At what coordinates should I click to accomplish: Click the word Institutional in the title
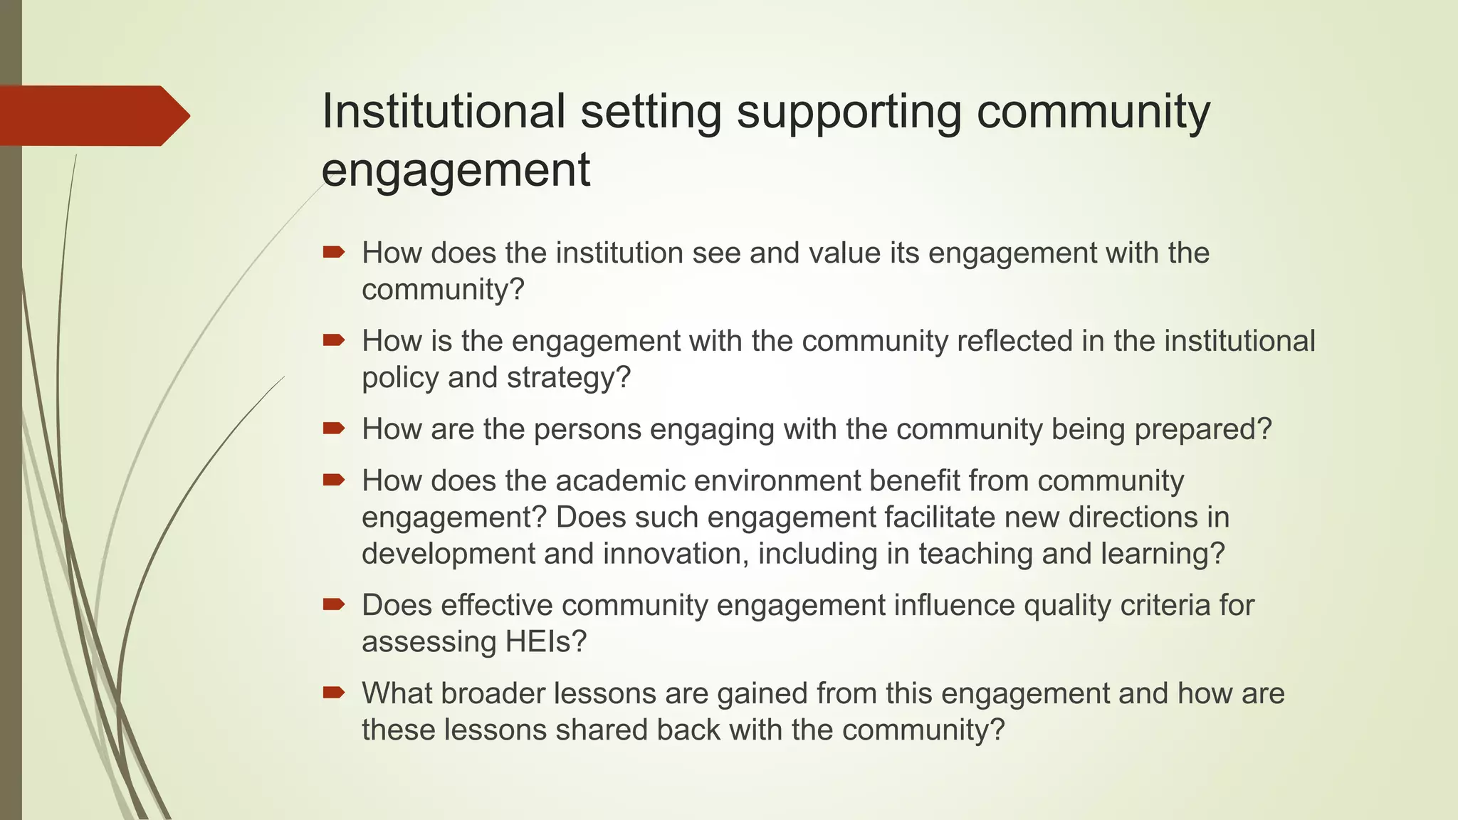click(444, 111)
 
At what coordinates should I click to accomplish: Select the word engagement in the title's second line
click(456, 171)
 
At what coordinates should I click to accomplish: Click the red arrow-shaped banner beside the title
click(93, 115)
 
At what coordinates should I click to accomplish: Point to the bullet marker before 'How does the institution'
click(333, 252)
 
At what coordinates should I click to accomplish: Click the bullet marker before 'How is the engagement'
click(333, 340)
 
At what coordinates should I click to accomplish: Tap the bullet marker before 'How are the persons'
click(333, 429)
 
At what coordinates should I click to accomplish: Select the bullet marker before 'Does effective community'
click(333, 605)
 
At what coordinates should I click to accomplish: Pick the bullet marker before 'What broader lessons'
click(333, 693)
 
